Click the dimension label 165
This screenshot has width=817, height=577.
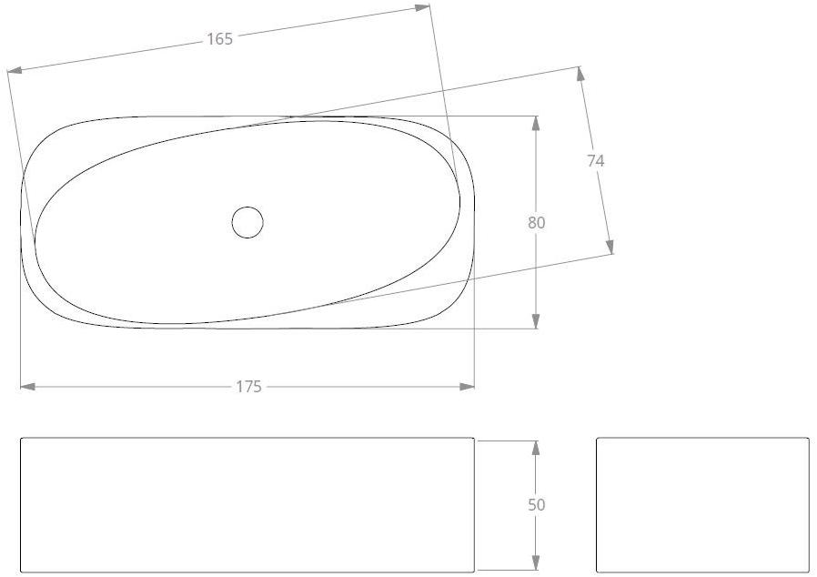pos(219,38)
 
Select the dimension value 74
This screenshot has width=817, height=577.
pos(595,160)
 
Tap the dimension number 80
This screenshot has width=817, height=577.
pos(536,222)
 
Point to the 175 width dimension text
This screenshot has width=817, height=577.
pos(248,387)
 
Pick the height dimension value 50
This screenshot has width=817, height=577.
pos(536,504)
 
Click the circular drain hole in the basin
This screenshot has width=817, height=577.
pos(247,222)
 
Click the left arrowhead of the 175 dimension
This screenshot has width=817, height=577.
pos(27,387)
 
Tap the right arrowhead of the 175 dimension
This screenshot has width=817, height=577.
pos(467,387)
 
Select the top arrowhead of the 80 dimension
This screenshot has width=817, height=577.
pos(536,124)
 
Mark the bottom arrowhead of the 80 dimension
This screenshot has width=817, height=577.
pos(536,320)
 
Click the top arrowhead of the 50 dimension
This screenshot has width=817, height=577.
pos(536,448)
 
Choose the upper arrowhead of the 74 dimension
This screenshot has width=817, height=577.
pos(580,75)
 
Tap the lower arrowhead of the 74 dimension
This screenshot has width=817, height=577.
pos(610,247)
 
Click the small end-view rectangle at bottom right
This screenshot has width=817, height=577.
pos(702,505)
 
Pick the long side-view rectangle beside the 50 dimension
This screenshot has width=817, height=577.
pos(247,505)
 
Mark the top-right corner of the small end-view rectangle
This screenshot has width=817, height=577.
pos(808,439)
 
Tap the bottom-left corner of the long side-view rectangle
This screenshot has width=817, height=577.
pos(21,572)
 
